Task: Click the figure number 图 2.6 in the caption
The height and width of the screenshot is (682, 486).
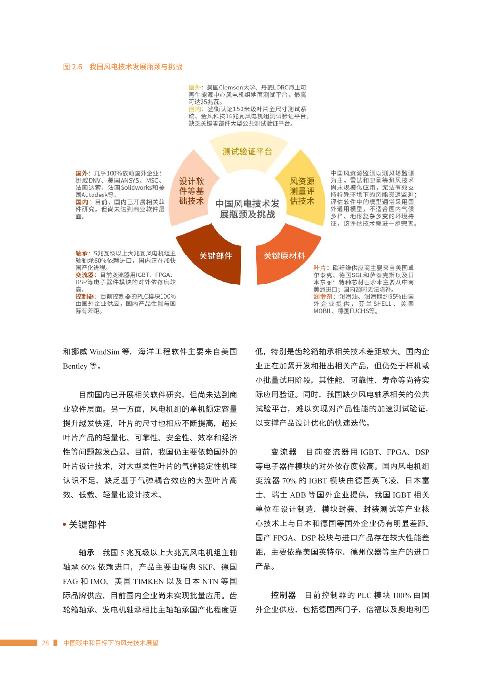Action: pyautogui.click(x=73, y=67)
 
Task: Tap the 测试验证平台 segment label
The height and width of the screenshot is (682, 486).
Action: pyautogui.click(x=247, y=152)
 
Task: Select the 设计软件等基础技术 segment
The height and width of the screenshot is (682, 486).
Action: pyautogui.click(x=191, y=191)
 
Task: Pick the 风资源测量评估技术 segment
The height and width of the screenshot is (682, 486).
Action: pyautogui.click(x=302, y=191)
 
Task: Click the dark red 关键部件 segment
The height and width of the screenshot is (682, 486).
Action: pyautogui.click(x=215, y=256)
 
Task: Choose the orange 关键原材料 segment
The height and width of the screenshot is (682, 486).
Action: pyautogui.click(x=284, y=256)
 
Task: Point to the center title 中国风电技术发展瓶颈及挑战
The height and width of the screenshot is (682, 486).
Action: pyautogui.click(x=247, y=209)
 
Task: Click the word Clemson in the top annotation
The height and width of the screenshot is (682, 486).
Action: pyautogui.click(x=231, y=87)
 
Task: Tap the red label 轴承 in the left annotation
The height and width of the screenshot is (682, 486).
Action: pyautogui.click(x=81, y=253)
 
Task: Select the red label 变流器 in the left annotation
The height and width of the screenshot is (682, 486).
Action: pyautogui.click(x=85, y=275)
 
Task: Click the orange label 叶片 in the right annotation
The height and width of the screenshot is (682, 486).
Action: pyautogui.click(x=319, y=268)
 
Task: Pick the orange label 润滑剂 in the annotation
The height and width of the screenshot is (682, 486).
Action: pyautogui.click(x=322, y=297)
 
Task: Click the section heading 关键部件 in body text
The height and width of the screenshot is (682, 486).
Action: pyautogui.click(x=88, y=524)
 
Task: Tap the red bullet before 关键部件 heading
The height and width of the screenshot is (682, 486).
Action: pyautogui.click(x=64, y=524)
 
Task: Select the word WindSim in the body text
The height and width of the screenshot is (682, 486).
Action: pyautogui.click(x=104, y=352)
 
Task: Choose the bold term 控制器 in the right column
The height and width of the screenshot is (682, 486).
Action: pyautogui.click(x=283, y=595)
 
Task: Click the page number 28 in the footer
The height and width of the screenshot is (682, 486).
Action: pyautogui.click(x=45, y=643)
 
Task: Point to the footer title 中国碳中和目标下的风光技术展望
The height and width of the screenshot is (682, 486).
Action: pyautogui.click(x=111, y=643)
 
